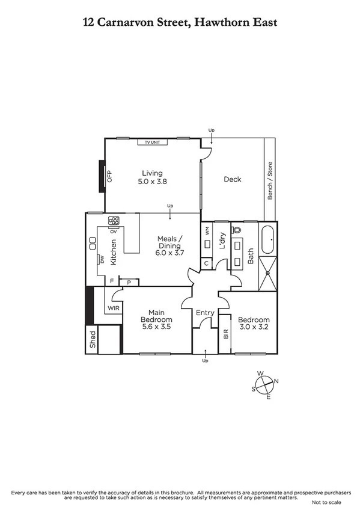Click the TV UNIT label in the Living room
click(151, 143)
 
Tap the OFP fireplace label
click(110, 176)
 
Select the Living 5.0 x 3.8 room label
click(152, 177)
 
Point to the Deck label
click(233, 179)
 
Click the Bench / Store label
click(270, 180)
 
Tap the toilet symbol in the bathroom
click(236, 230)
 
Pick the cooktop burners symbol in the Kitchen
click(114, 220)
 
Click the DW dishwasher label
click(102, 260)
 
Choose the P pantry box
click(129, 282)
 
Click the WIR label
click(113, 309)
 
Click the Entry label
click(205, 313)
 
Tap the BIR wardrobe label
click(226, 334)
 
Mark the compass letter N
click(276, 381)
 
